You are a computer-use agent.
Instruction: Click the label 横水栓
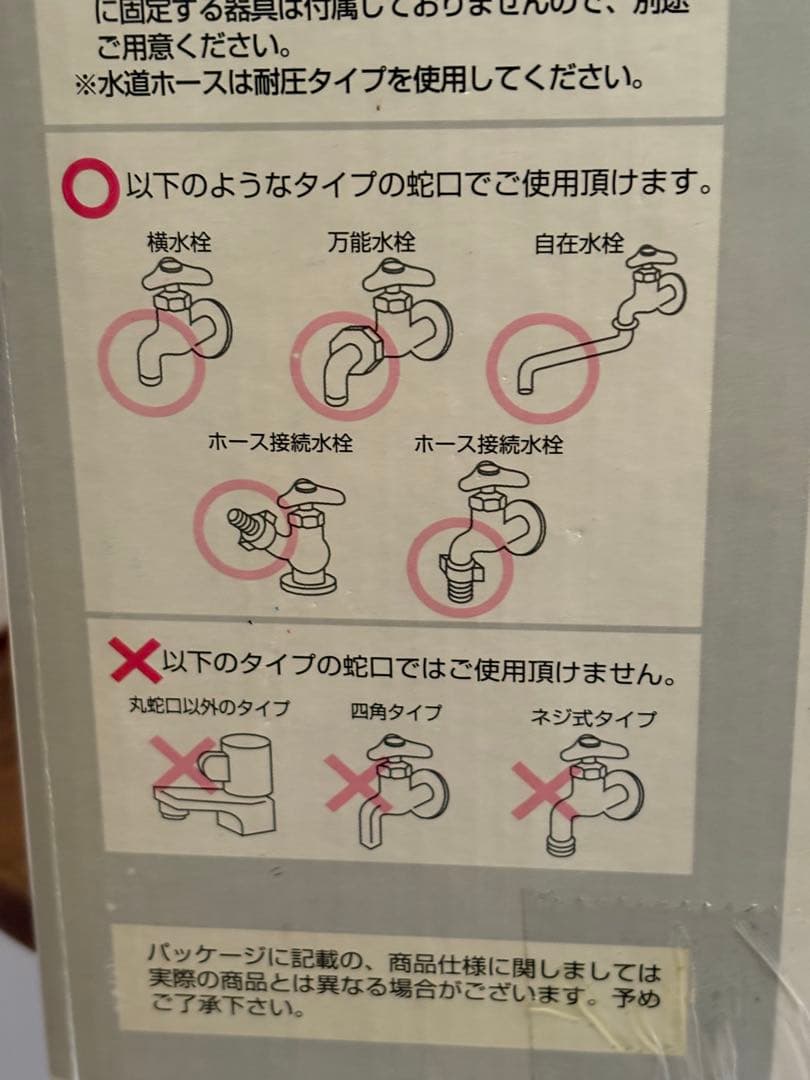(x=179, y=241)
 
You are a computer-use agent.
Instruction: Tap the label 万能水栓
(x=370, y=241)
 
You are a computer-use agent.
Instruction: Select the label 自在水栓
(x=578, y=243)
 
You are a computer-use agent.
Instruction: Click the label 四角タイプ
(x=396, y=713)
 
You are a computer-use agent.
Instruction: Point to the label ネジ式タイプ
(x=594, y=717)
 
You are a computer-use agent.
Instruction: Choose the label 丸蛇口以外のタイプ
(x=209, y=709)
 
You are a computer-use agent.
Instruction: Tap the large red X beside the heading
(x=134, y=660)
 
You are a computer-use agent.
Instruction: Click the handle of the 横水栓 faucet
(x=176, y=270)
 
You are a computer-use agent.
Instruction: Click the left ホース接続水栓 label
(x=280, y=443)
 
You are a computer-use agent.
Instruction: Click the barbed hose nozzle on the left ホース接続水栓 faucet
(x=244, y=525)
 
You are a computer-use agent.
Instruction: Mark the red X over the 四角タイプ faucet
(x=358, y=782)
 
